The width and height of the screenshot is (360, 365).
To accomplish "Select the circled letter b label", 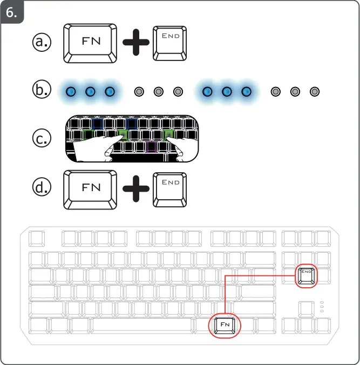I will [42, 91].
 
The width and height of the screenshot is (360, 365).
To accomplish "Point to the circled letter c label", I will [42, 139].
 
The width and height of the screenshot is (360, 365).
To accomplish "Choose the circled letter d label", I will [42, 188].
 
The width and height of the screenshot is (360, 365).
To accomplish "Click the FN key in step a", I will [91, 42].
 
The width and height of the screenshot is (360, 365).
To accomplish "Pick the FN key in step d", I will [91, 188].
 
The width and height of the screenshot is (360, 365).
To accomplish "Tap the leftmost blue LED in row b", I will [71, 92].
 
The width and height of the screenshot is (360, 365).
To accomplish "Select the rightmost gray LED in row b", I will [314, 92].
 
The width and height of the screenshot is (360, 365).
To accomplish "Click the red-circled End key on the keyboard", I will [307, 275].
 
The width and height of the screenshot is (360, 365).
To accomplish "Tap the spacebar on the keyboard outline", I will [144, 326].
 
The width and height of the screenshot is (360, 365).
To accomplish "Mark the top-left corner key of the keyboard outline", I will [37, 238].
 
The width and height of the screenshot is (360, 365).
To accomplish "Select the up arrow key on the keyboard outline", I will [307, 309].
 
